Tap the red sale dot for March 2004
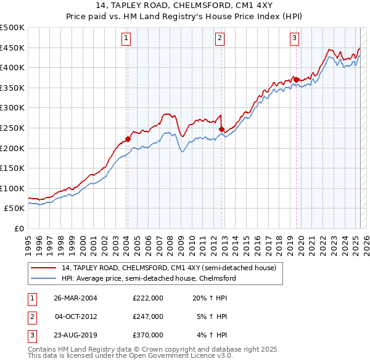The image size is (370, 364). coord(128,139)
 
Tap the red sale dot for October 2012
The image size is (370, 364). coord(221,129)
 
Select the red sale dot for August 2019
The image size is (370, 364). coord(296,79)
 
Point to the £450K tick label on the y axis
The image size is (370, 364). coord(12,48)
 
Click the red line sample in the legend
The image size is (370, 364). coord(44,268)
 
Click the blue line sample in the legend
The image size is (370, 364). coord(44,278)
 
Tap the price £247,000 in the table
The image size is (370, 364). coord(148,316)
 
